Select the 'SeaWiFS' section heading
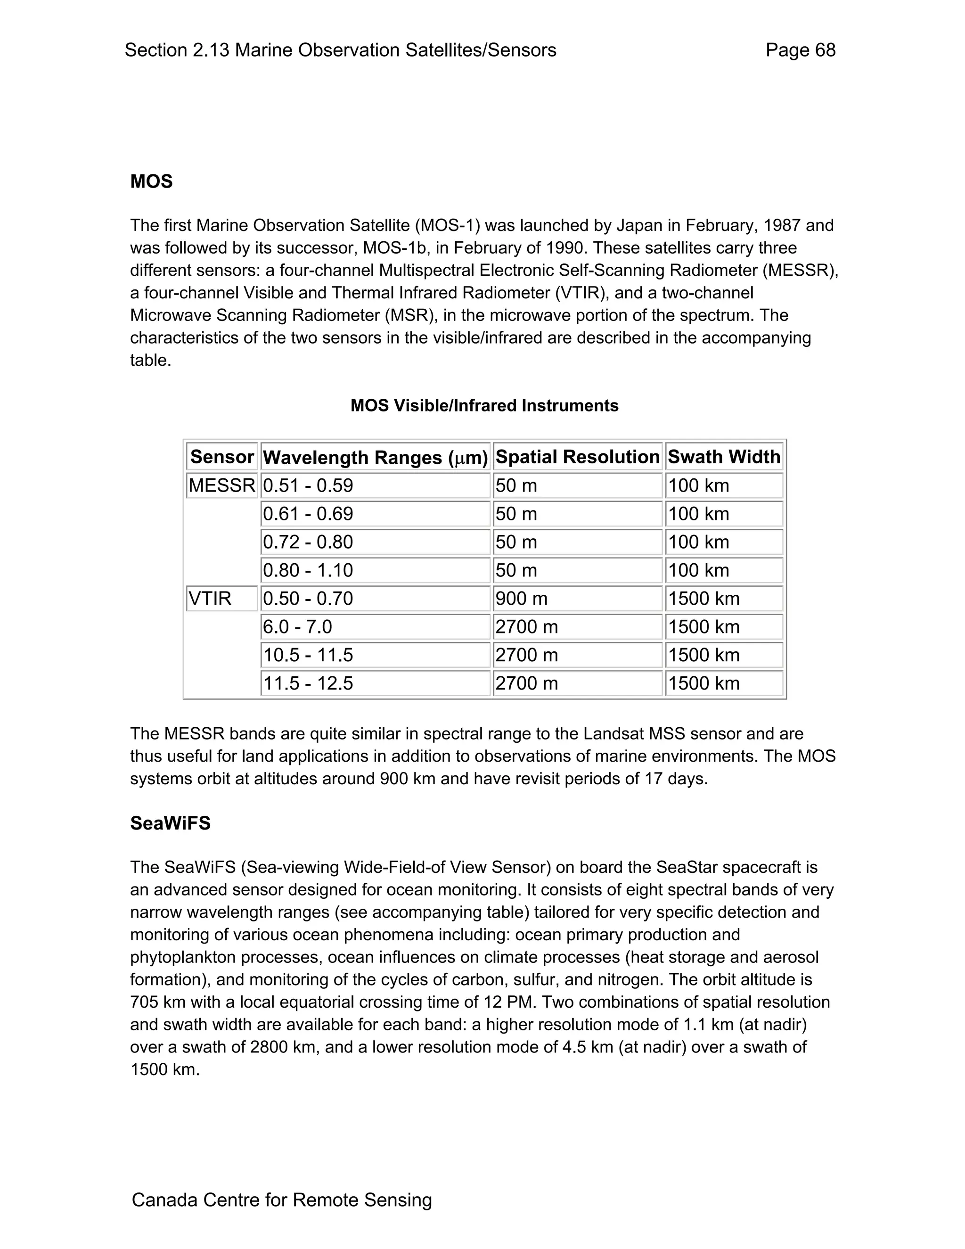171,823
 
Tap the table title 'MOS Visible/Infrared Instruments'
484,405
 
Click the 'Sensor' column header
222,456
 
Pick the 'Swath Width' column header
724,456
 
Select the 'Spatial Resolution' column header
577,456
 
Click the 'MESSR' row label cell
222,485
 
